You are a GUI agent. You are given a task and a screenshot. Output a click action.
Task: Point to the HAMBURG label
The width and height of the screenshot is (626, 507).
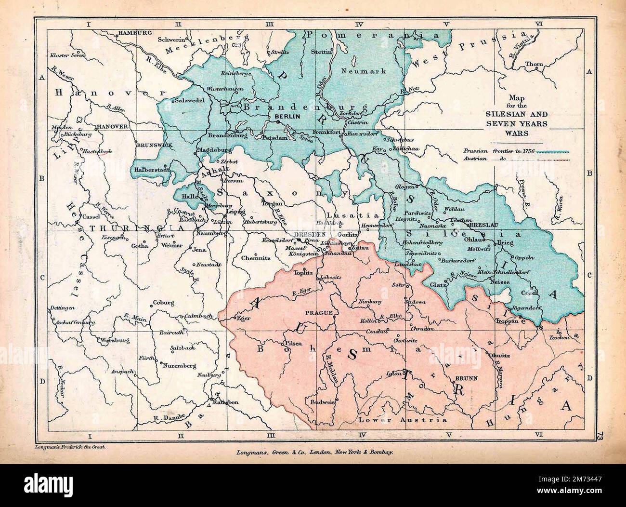[x=132, y=33]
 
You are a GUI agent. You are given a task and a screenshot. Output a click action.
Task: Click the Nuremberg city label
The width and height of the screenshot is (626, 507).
[x=179, y=365]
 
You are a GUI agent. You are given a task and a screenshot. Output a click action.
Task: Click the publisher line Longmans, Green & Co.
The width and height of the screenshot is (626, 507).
[x=315, y=453]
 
